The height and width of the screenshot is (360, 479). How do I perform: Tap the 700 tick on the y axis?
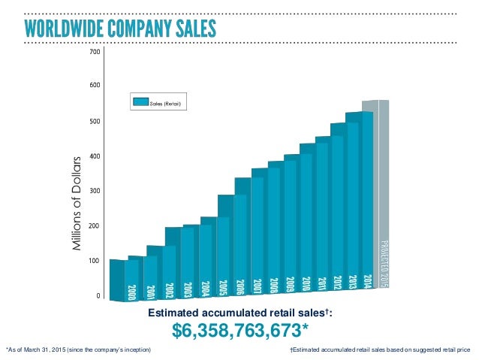[x=95, y=53]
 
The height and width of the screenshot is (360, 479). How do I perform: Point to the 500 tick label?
[x=95, y=121]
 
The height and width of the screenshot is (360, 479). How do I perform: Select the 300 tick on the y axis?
[x=95, y=191]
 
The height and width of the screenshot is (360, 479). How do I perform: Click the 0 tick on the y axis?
[x=98, y=295]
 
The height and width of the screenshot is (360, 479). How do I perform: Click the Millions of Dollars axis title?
[x=75, y=204]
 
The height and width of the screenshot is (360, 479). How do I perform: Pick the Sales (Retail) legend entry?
[x=155, y=101]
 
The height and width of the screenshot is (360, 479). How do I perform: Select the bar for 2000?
[x=131, y=278]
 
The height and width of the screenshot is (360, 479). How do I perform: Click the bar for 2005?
[x=223, y=248]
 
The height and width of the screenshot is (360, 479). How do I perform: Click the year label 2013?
[x=352, y=283]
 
